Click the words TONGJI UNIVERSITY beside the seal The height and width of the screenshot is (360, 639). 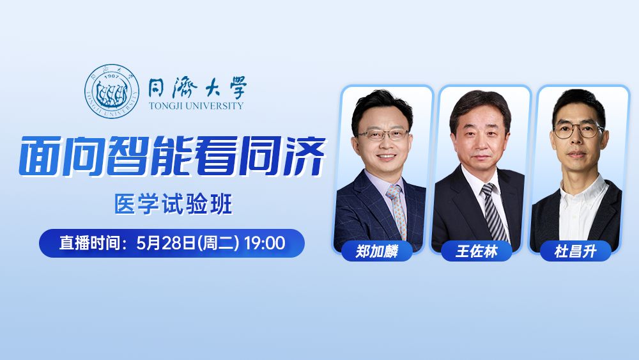[x=196, y=106]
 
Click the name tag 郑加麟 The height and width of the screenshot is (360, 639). [x=377, y=251]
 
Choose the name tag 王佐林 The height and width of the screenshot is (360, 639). [x=476, y=251]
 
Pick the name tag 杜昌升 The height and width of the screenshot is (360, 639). [x=575, y=251]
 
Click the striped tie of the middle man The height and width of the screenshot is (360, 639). [x=493, y=211]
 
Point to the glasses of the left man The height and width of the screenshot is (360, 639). [x=383, y=134]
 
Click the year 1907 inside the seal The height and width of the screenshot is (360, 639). [x=112, y=77]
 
